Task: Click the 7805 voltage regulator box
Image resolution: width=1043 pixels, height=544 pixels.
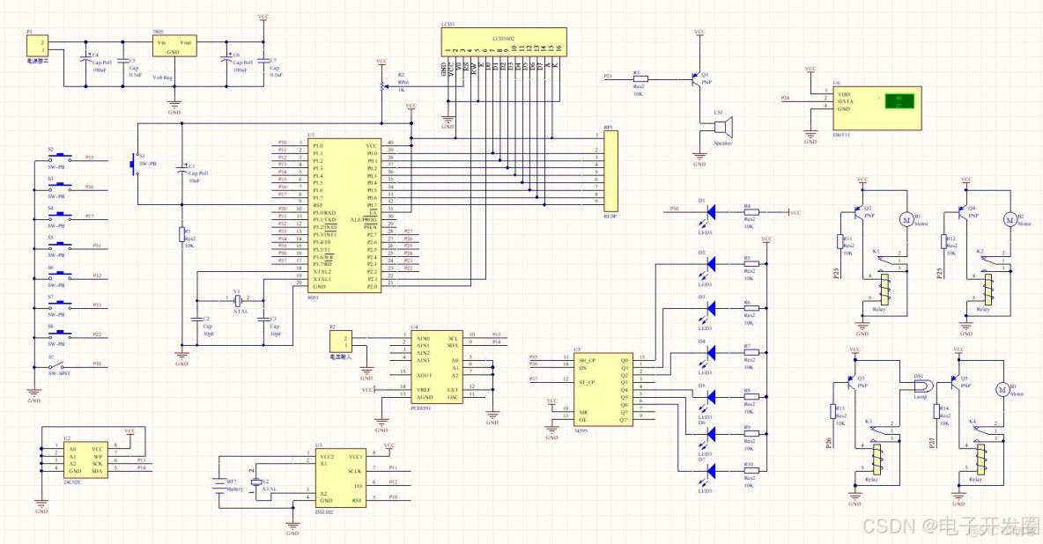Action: pos(174,48)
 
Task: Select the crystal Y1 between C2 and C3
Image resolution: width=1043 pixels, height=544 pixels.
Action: pos(237,300)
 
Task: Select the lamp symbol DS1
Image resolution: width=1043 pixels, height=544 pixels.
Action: pos(918,384)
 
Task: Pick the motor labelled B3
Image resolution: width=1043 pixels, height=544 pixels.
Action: pos(1001,389)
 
